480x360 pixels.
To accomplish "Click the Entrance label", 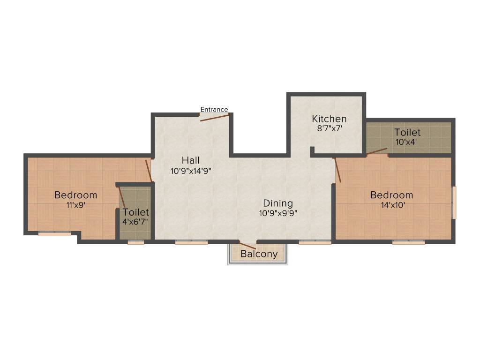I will (214, 110).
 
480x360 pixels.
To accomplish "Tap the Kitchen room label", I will (329, 119).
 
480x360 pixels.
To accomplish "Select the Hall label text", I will (191, 161).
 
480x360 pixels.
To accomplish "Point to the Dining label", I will (278, 203).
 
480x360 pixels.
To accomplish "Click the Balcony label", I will (259, 254).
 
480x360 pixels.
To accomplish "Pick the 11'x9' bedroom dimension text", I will (75, 205).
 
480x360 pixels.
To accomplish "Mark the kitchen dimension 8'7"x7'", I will (329, 128).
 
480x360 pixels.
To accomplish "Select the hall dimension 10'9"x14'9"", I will (191, 171).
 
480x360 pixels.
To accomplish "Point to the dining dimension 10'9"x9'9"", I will (278, 213).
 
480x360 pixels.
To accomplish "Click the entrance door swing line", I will (214, 117).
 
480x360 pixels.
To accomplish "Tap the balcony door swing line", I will (247, 245).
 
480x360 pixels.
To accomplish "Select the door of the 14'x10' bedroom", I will (337, 170).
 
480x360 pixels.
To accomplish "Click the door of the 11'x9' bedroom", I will (149, 171).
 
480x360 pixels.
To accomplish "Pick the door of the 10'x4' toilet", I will (377, 151).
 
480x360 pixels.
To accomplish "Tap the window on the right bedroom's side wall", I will (453, 202).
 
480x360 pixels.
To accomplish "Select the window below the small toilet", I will (136, 242).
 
